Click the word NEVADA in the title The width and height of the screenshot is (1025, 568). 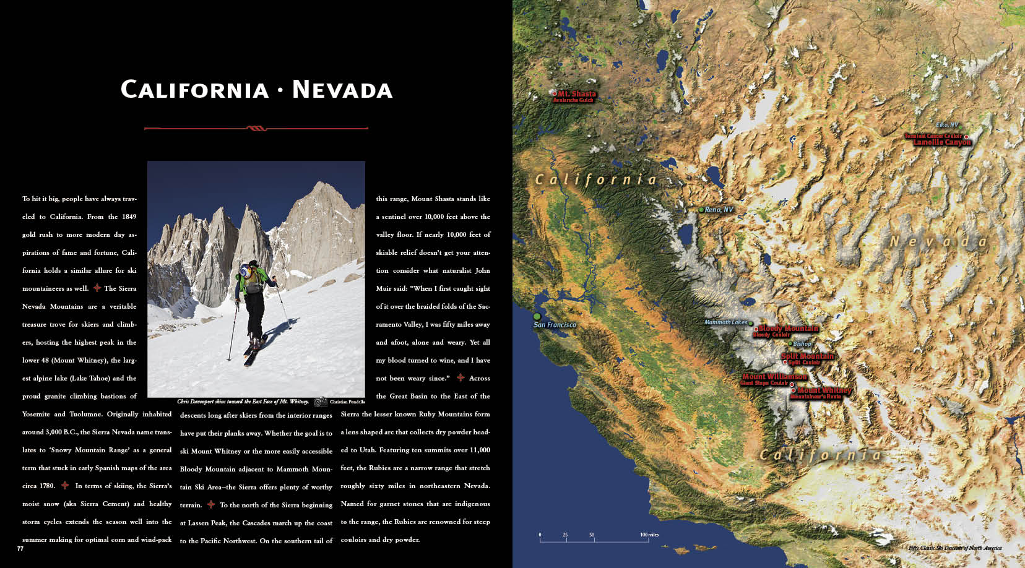(342, 90)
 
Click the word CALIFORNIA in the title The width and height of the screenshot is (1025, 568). (195, 90)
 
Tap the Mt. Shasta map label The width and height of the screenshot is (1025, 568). (576, 94)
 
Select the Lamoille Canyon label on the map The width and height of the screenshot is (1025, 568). (942, 142)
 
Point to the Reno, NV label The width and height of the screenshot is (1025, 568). (719, 210)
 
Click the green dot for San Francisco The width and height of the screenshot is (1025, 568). (537, 316)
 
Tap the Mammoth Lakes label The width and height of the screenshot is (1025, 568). (725, 322)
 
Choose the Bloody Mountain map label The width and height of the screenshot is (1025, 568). (789, 329)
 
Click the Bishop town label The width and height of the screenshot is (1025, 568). (802, 344)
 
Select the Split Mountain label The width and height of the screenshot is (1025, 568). (807, 356)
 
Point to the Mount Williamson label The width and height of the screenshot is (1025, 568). (774, 376)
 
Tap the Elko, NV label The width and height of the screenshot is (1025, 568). (946, 125)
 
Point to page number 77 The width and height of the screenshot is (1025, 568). (20, 548)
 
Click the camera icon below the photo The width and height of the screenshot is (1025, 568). (320, 402)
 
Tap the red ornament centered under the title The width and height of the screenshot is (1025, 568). (256, 129)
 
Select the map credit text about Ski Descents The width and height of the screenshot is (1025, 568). (954, 548)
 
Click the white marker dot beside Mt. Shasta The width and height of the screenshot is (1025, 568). (554, 94)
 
